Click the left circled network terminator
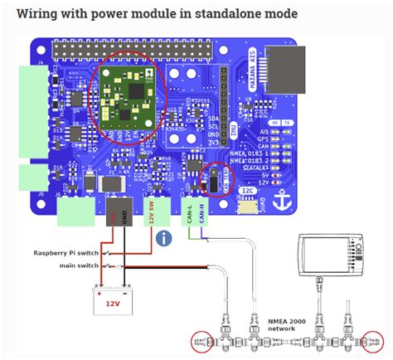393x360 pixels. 201,338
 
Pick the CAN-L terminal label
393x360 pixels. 190,213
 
